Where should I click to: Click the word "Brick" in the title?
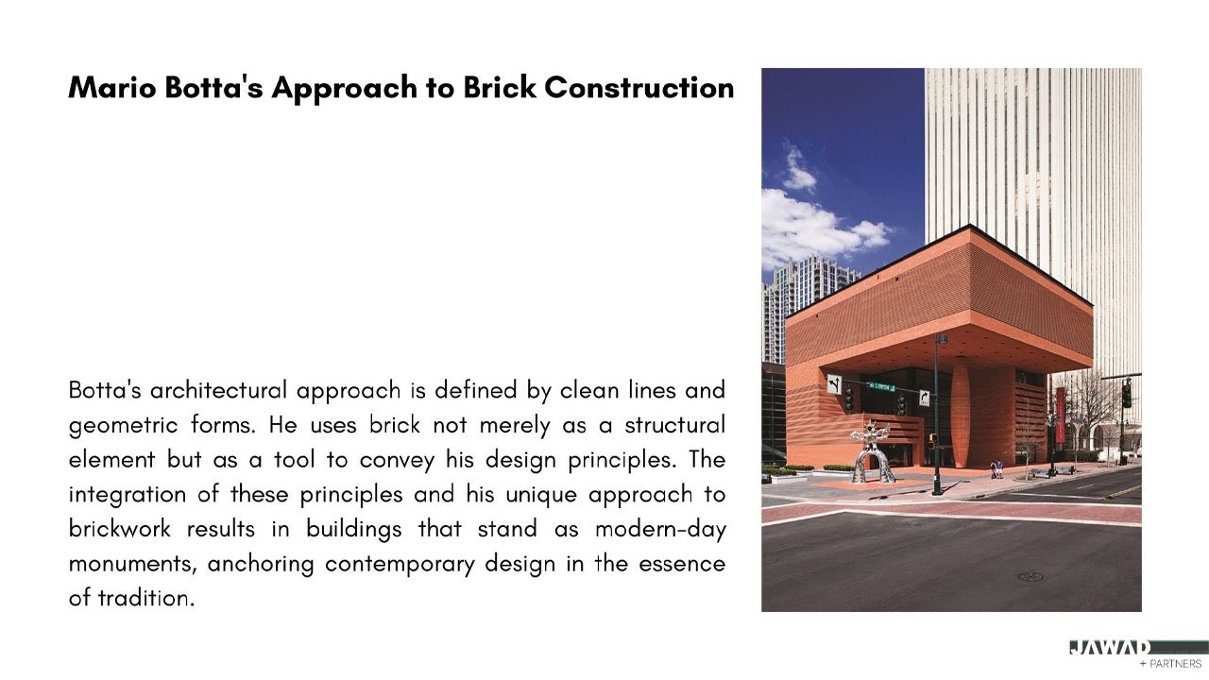click(x=500, y=88)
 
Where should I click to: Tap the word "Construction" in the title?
click(x=639, y=88)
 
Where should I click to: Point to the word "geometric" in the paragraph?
click(x=123, y=426)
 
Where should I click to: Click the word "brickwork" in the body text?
click(x=119, y=528)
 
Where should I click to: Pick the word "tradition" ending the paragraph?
click(x=145, y=598)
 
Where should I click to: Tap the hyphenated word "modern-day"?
click(x=660, y=530)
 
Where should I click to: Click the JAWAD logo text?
click(x=1110, y=648)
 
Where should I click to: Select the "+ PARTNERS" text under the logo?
click(x=1170, y=664)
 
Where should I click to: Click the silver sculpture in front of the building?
click(x=871, y=452)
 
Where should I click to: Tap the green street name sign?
click(x=881, y=387)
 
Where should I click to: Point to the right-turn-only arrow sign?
click(x=924, y=399)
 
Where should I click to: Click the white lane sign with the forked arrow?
click(x=834, y=384)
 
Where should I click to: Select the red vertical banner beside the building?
click(x=1060, y=415)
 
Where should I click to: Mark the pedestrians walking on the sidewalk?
click(x=996, y=469)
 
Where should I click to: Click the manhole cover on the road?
click(x=1030, y=577)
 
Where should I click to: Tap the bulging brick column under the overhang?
click(x=961, y=414)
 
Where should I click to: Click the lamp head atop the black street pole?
click(x=941, y=339)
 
